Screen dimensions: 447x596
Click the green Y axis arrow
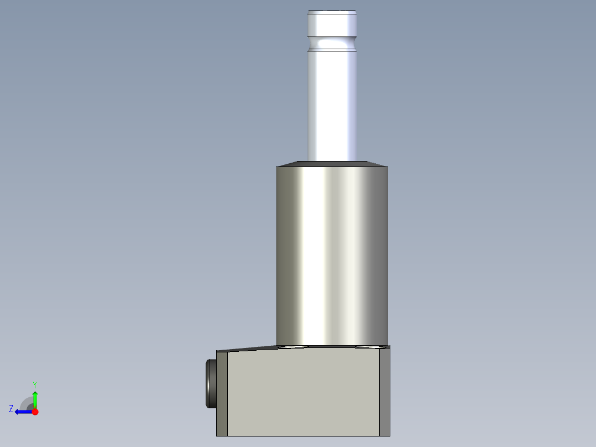click(35, 398)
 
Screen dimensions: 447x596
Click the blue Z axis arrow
click(22, 412)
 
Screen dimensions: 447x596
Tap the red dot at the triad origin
click(35, 412)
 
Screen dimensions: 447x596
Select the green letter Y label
click(34, 384)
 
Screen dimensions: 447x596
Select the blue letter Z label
click(11, 409)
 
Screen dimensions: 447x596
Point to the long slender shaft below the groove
click(332, 105)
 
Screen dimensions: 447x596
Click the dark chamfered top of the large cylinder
click(332, 164)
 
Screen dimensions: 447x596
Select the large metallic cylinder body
click(332, 254)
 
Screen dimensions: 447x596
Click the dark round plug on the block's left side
click(211, 383)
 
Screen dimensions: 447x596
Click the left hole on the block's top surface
click(292, 347)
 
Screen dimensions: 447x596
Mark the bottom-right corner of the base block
click(390, 435)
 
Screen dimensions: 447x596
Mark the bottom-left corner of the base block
click(217, 435)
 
